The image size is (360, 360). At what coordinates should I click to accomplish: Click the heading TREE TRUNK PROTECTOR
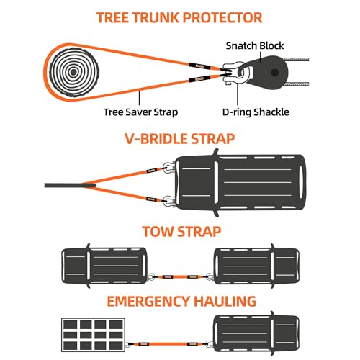pyautogui.click(x=180, y=17)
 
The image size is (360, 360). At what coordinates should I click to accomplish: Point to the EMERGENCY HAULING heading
pyautogui.click(x=180, y=300)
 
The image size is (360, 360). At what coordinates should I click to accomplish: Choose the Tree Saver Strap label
pyautogui.click(x=140, y=112)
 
